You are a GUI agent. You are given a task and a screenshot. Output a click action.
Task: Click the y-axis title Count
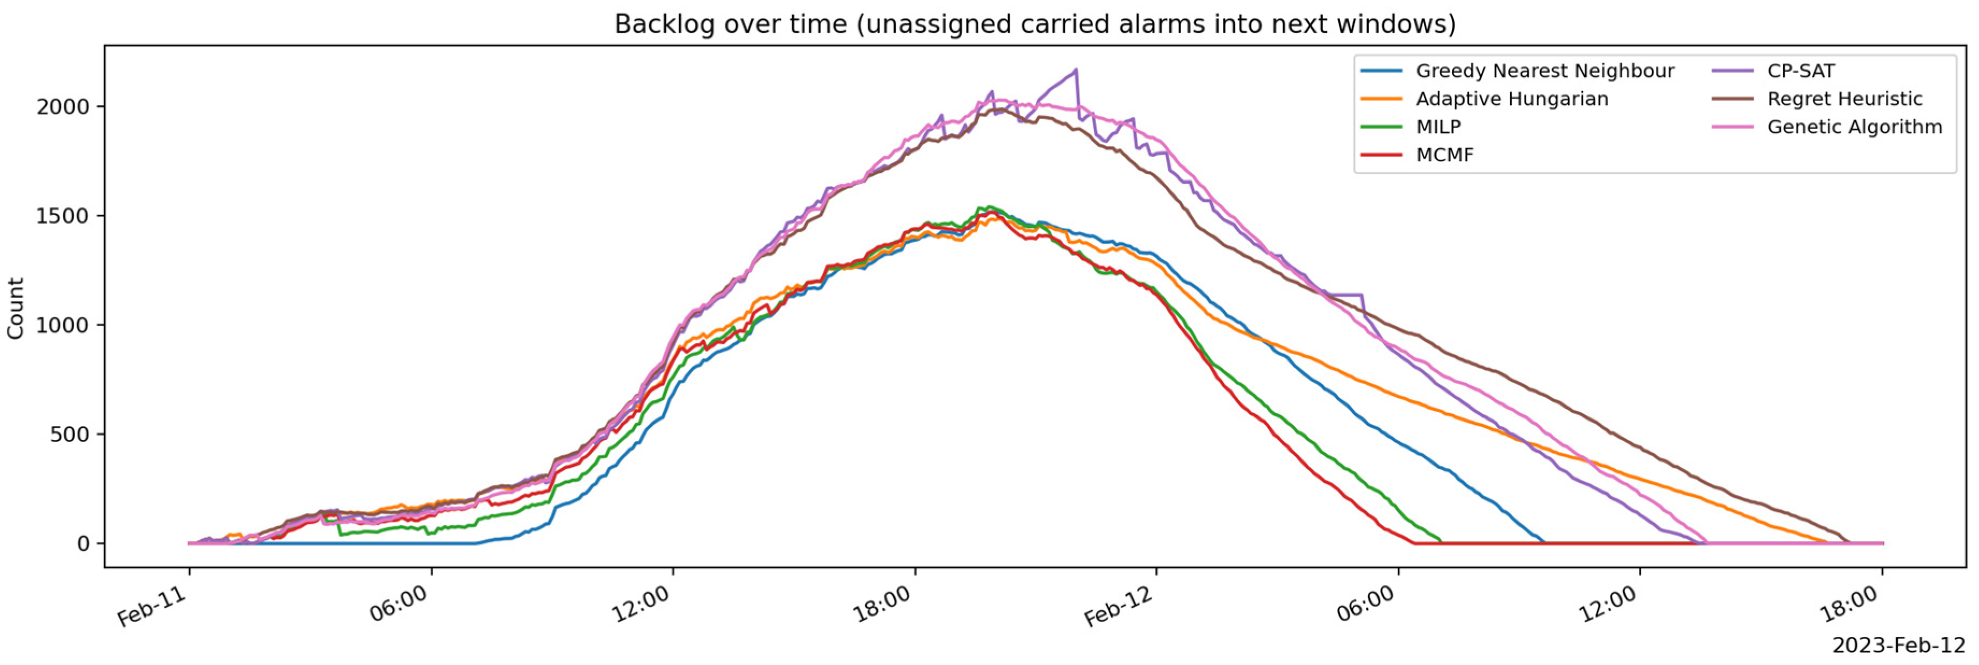[x=16, y=308]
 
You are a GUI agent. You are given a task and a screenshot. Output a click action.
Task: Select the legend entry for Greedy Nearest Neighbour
[x=1517, y=71]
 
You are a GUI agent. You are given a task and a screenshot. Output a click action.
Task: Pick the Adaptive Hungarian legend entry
[x=1484, y=99]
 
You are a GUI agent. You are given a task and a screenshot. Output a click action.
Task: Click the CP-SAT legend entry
[x=1774, y=71]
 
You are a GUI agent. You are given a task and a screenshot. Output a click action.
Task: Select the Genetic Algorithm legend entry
[x=1827, y=127]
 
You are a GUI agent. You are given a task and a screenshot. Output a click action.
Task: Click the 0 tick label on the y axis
[x=84, y=544]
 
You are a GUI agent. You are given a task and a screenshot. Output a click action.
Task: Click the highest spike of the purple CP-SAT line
[x=1076, y=69]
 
